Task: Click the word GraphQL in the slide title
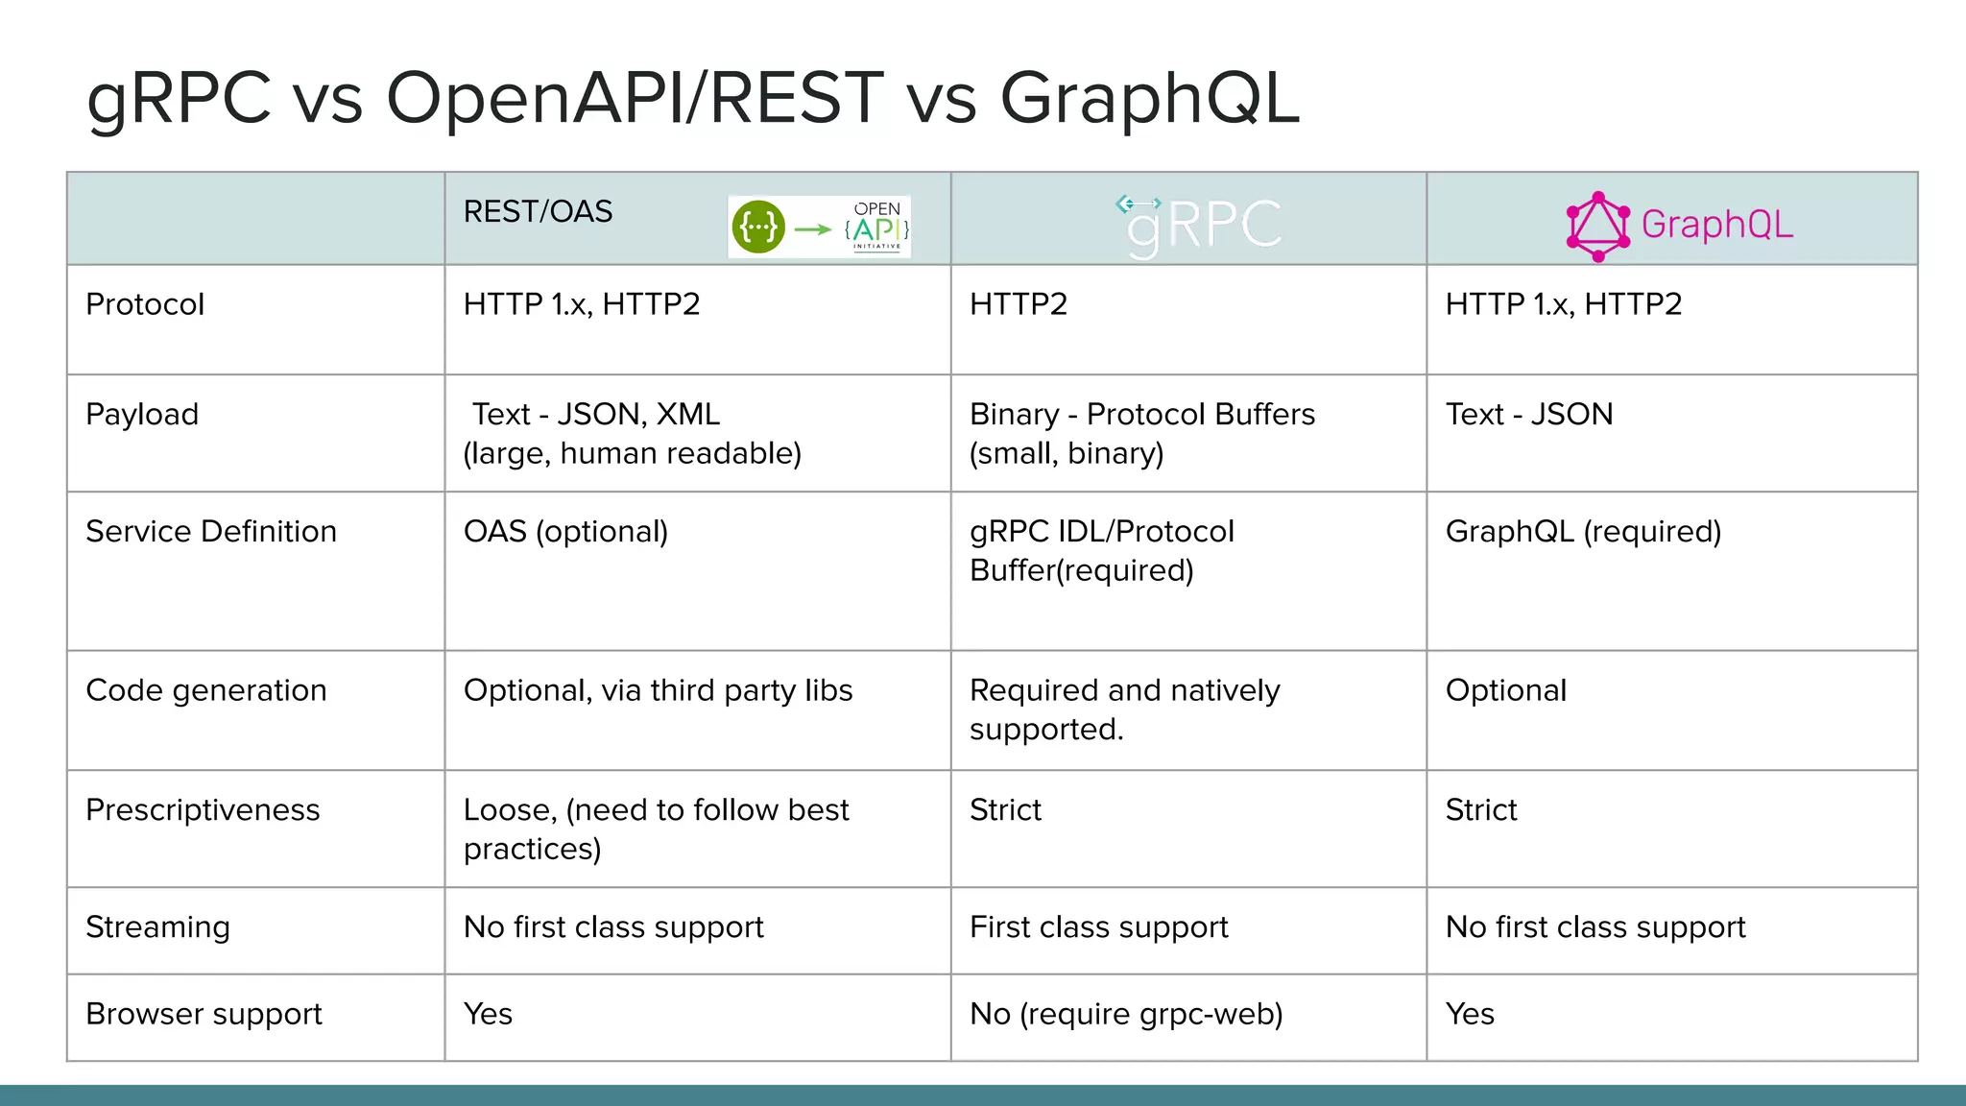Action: click(x=1149, y=99)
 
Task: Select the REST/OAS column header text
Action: click(x=538, y=212)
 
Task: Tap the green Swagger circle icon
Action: click(x=758, y=228)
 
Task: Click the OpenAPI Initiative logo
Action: click(x=876, y=228)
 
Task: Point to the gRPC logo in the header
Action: click(x=1200, y=226)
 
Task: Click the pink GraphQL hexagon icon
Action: click(x=1597, y=227)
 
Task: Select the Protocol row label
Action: click(x=145, y=304)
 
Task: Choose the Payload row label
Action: click(x=142, y=415)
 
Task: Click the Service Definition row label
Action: click(x=211, y=532)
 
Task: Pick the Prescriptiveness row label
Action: click(x=203, y=810)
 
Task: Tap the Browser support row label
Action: click(x=204, y=1015)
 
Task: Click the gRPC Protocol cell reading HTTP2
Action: click(x=1019, y=304)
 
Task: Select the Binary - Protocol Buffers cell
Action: click(x=1142, y=433)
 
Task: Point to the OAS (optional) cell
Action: click(x=565, y=532)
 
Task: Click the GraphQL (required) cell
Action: click(x=1583, y=532)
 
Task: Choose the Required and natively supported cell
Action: click(x=1125, y=709)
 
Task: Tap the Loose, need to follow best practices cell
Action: click(x=656, y=829)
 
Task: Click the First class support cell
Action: click(x=1099, y=927)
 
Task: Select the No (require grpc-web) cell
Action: click(x=1126, y=1015)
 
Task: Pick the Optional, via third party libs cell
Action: click(x=658, y=691)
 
